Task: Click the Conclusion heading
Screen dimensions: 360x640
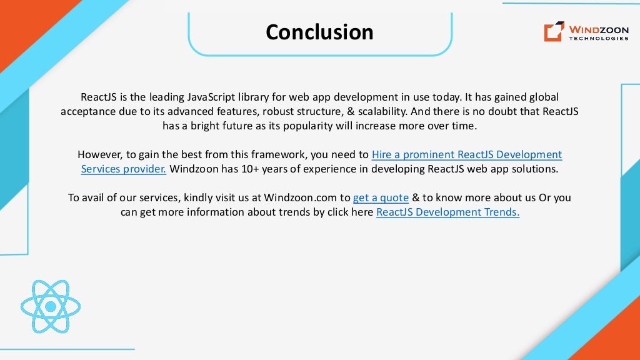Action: click(x=319, y=32)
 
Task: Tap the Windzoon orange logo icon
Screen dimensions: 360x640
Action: click(x=554, y=31)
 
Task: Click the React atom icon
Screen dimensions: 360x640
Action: click(x=50, y=306)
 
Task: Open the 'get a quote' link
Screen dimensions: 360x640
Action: click(x=381, y=197)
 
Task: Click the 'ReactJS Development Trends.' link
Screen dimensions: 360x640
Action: click(x=447, y=212)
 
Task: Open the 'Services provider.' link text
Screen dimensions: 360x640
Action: click(x=124, y=169)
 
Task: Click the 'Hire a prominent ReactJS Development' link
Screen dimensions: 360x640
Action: click(x=467, y=154)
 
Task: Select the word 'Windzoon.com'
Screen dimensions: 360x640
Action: click(x=300, y=197)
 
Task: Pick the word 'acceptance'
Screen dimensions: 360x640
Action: click(x=87, y=111)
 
